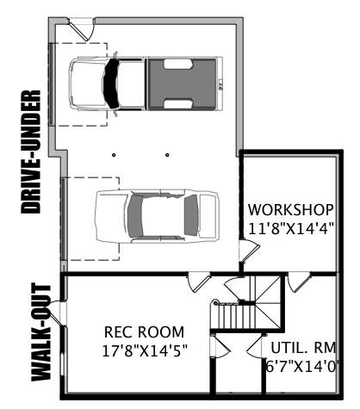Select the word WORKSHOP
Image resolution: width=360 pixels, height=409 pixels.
click(x=290, y=210)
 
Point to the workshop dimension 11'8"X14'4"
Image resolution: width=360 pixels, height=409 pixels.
click(x=290, y=228)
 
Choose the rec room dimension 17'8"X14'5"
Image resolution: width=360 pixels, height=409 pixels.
click(x=144, y=350)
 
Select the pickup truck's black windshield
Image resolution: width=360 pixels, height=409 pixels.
click(x=111, y=83)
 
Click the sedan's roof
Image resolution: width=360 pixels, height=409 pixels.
click(x=154, y=215)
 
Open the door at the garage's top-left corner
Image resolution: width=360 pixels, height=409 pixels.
click(x=80, y=28)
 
